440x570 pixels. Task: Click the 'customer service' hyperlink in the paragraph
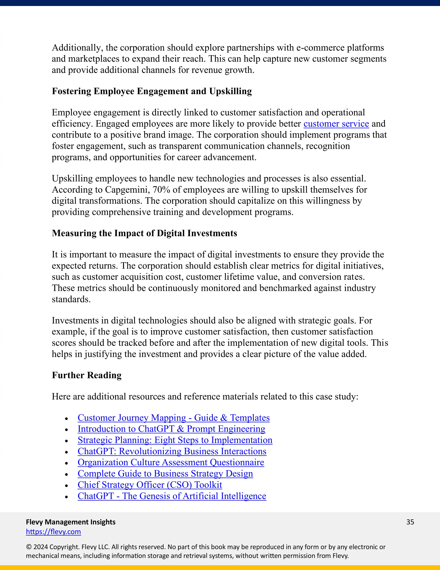click(x=336, y=124)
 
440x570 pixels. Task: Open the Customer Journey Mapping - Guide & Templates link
click(x=173, y=418)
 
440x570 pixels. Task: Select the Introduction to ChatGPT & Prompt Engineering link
click(x=171, y=429)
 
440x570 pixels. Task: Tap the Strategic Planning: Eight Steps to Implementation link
click(x=175, y=440)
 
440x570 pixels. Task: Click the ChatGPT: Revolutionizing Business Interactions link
click(x=172, y=451)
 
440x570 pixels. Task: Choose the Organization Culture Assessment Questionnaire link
click(x=171, y=462)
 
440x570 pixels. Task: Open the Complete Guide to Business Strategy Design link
click(x=165, y=473)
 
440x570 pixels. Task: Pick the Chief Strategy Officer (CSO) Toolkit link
click(x=150, y=485)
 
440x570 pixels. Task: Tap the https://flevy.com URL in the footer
click(x=53, y=532)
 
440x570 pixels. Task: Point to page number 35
click(x=410, y=522)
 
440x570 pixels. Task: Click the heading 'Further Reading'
click(x=87, y=375)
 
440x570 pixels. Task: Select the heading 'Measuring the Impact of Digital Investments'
click(x=144, y=233)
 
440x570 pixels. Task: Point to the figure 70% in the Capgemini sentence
click(x=161, y=190)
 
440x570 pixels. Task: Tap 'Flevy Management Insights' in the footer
click(x=71, y=522)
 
